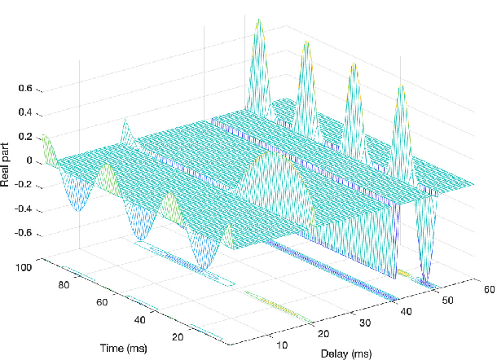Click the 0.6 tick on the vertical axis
click(26, 88)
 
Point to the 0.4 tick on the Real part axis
click(26, 112)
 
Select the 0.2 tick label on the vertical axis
click(26, 137)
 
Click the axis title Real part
click(7, 161)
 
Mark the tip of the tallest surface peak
click(259, 18)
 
